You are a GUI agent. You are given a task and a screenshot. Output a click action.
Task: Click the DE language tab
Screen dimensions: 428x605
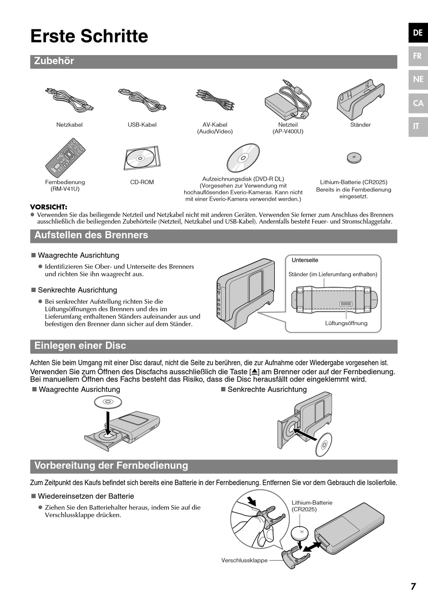[418, 32]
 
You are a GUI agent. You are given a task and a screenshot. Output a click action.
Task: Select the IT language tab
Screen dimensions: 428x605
[416, 126]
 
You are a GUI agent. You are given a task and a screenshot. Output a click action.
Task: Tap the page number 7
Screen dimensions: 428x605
[413, 587]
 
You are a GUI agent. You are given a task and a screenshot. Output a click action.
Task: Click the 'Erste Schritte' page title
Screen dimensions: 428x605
[89, 36]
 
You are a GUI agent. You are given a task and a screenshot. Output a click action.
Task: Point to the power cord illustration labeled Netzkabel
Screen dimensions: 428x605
[69, 100]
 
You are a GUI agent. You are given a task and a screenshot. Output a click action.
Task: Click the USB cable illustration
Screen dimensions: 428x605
[142, 100]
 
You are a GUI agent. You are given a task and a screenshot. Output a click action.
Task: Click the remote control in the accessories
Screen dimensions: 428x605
[65, 158]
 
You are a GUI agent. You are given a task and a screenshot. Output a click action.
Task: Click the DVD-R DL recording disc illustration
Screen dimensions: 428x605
[243, 158]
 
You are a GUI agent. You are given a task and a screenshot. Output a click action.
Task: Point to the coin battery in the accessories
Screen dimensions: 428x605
[354, 158]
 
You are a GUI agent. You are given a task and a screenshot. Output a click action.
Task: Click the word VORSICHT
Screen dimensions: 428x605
[49, 207]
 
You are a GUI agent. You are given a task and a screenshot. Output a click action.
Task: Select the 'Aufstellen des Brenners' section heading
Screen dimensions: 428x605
[91, 235]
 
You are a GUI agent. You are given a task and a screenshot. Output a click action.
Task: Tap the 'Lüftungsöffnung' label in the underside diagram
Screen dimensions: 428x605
[346, 323]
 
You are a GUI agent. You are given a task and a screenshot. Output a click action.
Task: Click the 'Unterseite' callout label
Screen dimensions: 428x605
[305, 260]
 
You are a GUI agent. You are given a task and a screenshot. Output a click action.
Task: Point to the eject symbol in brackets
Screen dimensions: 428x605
[255, 372]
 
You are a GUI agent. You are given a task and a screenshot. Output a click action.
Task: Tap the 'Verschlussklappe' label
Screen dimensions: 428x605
[244, 560]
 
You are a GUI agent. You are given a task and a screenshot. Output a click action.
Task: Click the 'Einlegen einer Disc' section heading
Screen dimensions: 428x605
[80, 346]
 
